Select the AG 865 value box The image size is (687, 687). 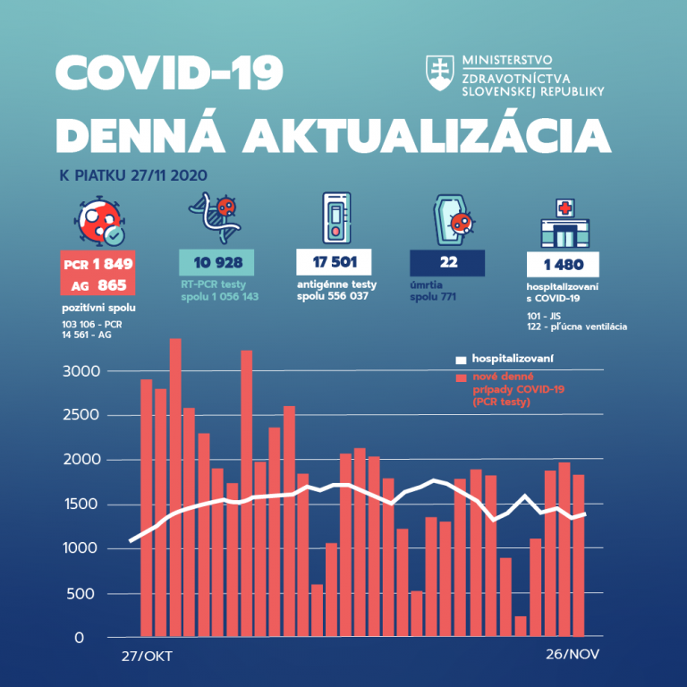click(x=98, y=286)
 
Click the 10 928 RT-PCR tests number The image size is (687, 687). click(x=216, y=263)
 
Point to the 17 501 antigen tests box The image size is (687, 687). click(x=334, y=263)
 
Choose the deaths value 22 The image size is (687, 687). click(x=447, y=263)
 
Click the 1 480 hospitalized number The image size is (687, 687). click(x=563, y=265)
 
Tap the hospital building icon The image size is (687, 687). click(x=563, y=225)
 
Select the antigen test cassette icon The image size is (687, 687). click(x=335, y=217)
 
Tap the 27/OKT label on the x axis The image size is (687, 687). click(x=147, y=656)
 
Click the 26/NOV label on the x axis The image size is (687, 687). click(x=572, y=654)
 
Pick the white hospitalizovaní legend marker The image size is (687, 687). click(x=461, y=360)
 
